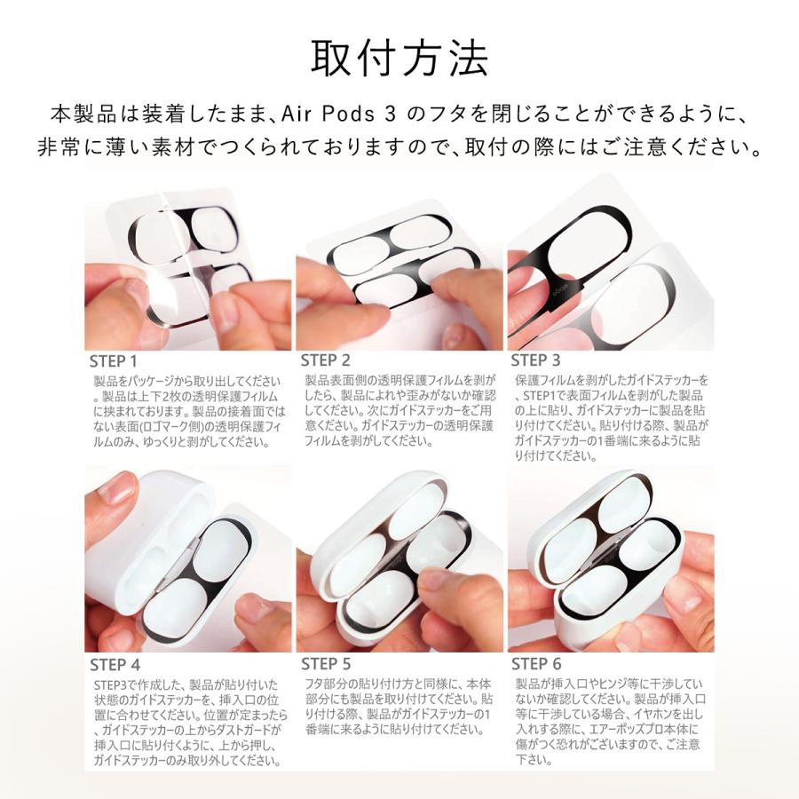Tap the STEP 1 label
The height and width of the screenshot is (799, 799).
(x=115, y=362)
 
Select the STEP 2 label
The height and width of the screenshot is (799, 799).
(x=325, y=360)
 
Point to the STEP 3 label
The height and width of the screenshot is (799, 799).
(x=536, y=360)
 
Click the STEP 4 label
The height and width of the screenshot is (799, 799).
(x=115, y=664)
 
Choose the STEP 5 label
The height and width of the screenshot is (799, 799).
(x=325, y=663)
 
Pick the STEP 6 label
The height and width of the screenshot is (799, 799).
(x=536, y=663)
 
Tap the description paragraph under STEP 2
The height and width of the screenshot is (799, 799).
(x=399, y=410)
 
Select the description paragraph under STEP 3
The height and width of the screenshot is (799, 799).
(x=611, y=418)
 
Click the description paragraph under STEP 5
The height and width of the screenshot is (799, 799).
(x=399, y=707)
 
